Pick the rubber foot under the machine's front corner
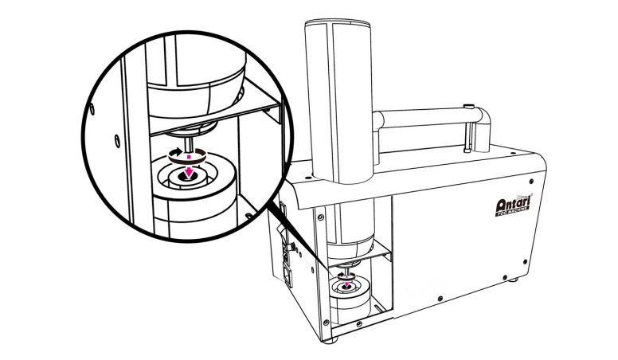coord(333,338)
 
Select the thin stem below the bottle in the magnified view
coord(190,137)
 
